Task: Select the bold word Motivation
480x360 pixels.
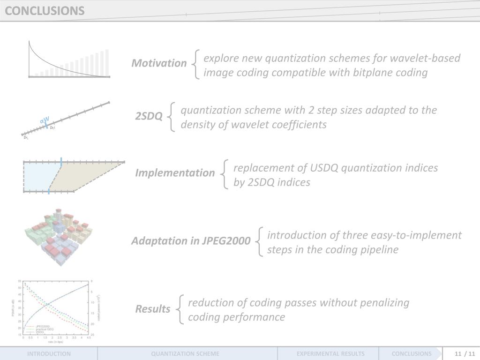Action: [x=159, y=63]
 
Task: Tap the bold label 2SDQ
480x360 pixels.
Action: [x=149, y=116]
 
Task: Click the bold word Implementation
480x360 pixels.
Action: [x=175, y=173]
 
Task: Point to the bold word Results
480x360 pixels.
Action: [x=153, y=309]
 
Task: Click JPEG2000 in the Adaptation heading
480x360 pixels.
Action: [x=227, y=241]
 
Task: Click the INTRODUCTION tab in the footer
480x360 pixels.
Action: [x=49, y=354]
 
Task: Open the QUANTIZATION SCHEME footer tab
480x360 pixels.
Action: [x=185, y=354]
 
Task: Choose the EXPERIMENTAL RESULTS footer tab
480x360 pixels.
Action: [x=330, y=354]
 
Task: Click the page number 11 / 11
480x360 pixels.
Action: [x=462, y=354]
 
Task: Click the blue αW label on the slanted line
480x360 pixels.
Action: [x=45, y=120]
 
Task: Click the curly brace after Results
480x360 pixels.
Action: [x=180, y=310]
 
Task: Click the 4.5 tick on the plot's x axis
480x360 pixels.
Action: [x=88, y=337]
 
